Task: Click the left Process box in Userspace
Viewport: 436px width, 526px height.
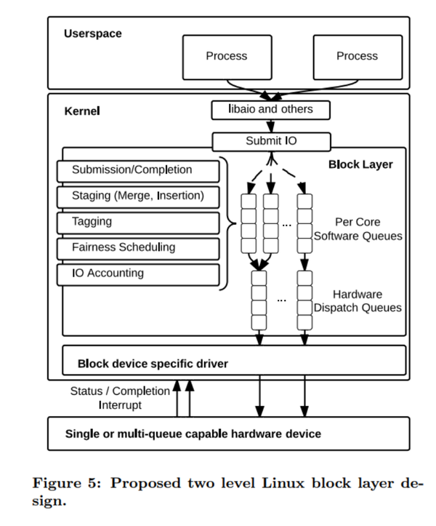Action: (226, 56)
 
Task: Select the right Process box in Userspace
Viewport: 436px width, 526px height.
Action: (356, 56)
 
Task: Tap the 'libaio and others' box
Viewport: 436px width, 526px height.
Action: (271, 109)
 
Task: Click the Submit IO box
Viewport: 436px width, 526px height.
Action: (271, 140)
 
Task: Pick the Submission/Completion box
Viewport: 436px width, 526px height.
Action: (137, 170)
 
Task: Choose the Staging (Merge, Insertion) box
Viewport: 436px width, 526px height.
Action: (137, 196)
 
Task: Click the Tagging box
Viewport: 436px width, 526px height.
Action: (137, 222)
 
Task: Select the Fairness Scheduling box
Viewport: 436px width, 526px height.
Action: (137, 247)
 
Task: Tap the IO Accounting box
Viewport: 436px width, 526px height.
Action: (137, 274)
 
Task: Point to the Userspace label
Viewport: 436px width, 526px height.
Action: (92, 33)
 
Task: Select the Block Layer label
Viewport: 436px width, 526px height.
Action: (360, 164)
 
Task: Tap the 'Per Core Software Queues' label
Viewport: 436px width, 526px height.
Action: (357, 228)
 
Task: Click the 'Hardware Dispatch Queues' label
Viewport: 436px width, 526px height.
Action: (357, 301)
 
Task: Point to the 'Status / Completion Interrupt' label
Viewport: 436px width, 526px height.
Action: (120, 398)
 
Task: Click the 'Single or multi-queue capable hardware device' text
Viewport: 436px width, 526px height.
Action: (193, 434)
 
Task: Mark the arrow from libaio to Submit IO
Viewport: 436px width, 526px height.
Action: (271, 125)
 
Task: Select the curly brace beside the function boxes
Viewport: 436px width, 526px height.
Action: (227, 222)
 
